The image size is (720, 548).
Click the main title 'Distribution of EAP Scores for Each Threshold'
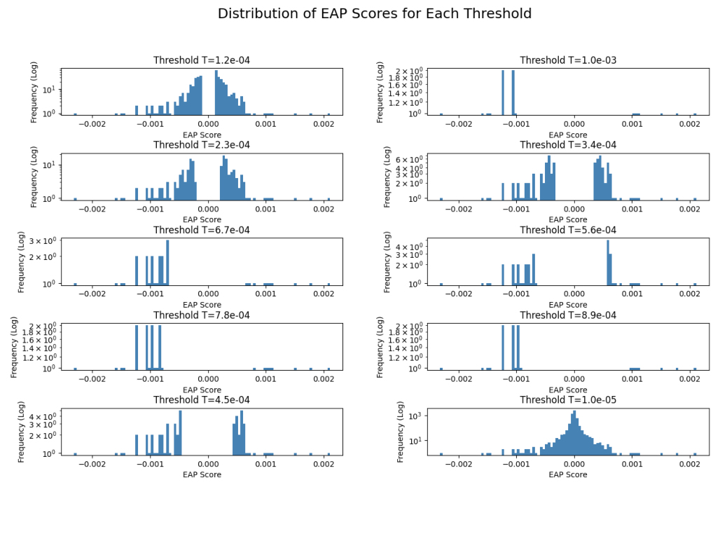[375, 14]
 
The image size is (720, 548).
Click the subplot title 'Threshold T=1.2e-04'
[202, 60]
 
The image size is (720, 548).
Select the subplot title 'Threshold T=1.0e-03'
[568, 60]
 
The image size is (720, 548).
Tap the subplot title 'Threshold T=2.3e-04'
[202, 145]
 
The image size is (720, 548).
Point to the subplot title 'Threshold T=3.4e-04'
[568, 145]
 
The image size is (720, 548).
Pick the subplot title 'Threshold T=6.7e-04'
[202, 231]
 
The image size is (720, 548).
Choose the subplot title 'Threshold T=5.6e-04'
[568, 231]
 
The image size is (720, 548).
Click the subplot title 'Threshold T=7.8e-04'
[202, 315]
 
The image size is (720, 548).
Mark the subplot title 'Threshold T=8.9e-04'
[568, 315]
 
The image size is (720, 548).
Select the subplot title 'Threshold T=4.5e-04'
[202, 400]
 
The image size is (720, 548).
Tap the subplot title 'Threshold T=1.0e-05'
[568, 400]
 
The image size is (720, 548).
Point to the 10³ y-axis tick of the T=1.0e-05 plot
[413, 416]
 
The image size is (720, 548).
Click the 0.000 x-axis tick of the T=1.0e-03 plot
[574, 123]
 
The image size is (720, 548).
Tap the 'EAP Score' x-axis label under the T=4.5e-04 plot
[202, 475]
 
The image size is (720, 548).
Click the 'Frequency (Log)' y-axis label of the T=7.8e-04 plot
[15, 347]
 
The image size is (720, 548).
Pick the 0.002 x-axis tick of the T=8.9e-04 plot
[690, 379]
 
